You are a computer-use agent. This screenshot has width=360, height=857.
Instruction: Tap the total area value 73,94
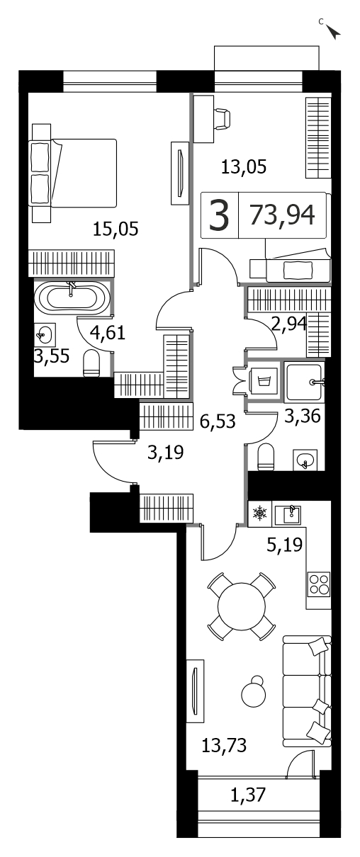(x=282, y=215)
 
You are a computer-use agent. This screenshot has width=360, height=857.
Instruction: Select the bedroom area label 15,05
(x=116, y=229)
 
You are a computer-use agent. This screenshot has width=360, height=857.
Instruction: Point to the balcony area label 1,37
(x=248, y=794)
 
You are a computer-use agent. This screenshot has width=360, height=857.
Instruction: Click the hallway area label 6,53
(x=218, y=421)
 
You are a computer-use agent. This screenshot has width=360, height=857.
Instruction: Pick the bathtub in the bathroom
(x=72, y=296)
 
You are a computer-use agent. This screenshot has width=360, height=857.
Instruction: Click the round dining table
(x=241, y=606)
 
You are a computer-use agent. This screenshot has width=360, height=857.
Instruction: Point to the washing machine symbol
(x=263, y=381)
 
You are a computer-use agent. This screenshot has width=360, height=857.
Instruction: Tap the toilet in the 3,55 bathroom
(x=91, y=363)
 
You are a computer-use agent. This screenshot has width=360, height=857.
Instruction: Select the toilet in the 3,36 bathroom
(x=266, y=457)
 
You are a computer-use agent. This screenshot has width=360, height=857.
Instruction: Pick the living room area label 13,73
(x=224, y=746)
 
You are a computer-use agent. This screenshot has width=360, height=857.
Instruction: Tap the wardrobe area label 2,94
(x=288, y=324)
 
